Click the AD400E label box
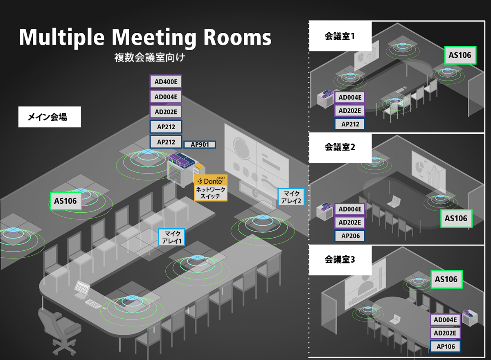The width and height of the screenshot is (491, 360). point(166,81)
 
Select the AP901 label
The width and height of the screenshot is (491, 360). point(199,144)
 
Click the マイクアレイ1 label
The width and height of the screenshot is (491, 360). point(172,237)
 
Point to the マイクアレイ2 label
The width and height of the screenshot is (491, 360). point(291,197)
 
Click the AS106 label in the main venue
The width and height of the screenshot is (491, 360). point(65,201)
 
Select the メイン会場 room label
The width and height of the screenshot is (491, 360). point(50,117)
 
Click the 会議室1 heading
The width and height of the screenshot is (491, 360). point(340,36)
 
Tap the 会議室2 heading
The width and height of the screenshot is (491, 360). point(340,147)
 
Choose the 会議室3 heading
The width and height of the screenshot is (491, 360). point(340,259)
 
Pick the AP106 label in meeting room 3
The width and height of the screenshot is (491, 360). point(445,346)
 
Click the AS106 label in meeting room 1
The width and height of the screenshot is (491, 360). point(460,55)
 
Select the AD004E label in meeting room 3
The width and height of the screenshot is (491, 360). point(445,319)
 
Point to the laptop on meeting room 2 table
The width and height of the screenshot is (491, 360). point(394,201)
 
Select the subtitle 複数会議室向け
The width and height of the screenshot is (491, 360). point(149,57)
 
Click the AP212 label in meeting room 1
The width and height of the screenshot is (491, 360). point(350,124)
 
